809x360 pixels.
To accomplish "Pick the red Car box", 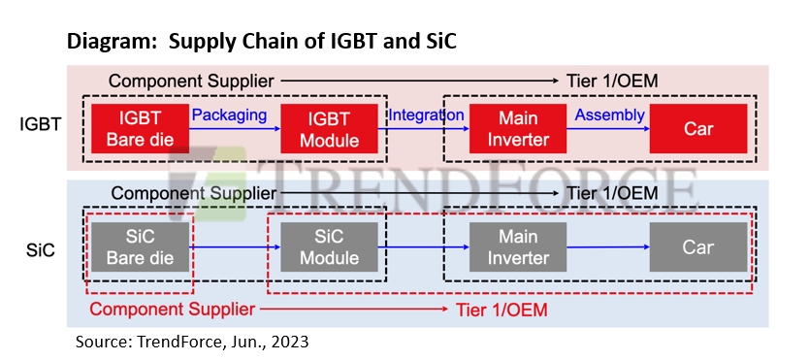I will (x=697, y=128).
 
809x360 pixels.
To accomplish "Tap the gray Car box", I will (x=697, y=247).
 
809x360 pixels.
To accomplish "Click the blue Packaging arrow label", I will (x=229, y=115).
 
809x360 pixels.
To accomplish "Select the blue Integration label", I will (x=425, y=115).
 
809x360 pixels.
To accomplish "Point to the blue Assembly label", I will (x=609, y=115).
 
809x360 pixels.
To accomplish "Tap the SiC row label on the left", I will (x=39, y=250).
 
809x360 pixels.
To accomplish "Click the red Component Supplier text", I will (x=173, y=310).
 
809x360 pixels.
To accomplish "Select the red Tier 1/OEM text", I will (x=502, y=310).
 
